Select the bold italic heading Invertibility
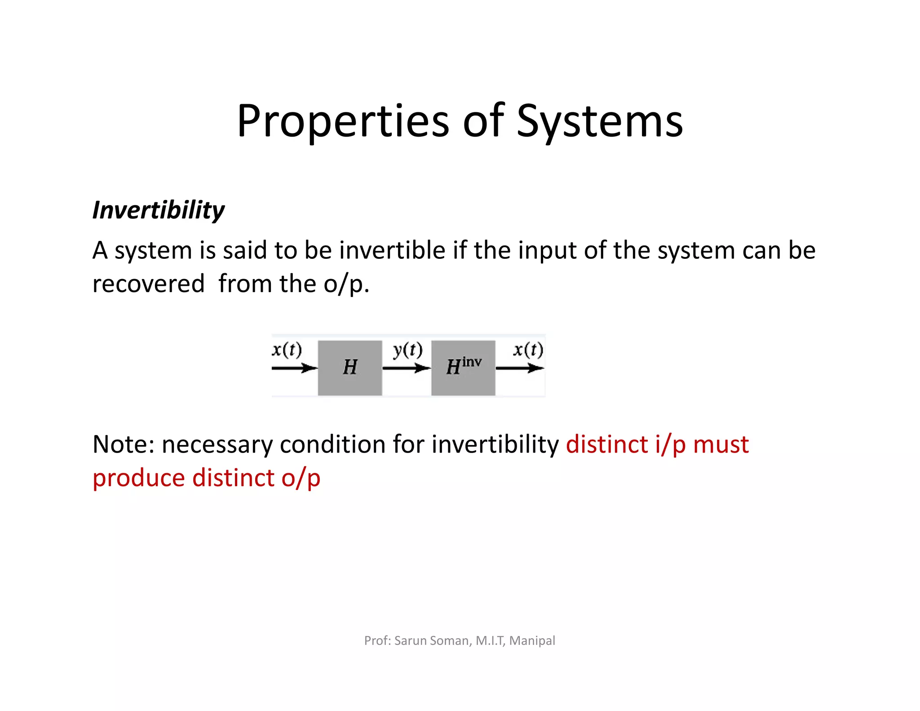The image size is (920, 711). point(158,210)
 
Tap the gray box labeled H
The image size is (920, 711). point(350,368)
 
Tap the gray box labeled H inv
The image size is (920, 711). point(463,368)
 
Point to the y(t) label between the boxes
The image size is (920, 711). point(407,350)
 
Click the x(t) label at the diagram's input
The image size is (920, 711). point(287,349)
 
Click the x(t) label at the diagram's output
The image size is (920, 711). point(528,349)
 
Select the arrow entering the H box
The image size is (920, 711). point(294,369)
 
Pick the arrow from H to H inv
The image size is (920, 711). point(407,369)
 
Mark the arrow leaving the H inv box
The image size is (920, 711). point(520,369)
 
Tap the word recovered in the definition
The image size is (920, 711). point(148,284)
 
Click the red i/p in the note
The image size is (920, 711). point(670,444)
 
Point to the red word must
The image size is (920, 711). point(721,444)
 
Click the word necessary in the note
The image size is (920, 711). point(217,444)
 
